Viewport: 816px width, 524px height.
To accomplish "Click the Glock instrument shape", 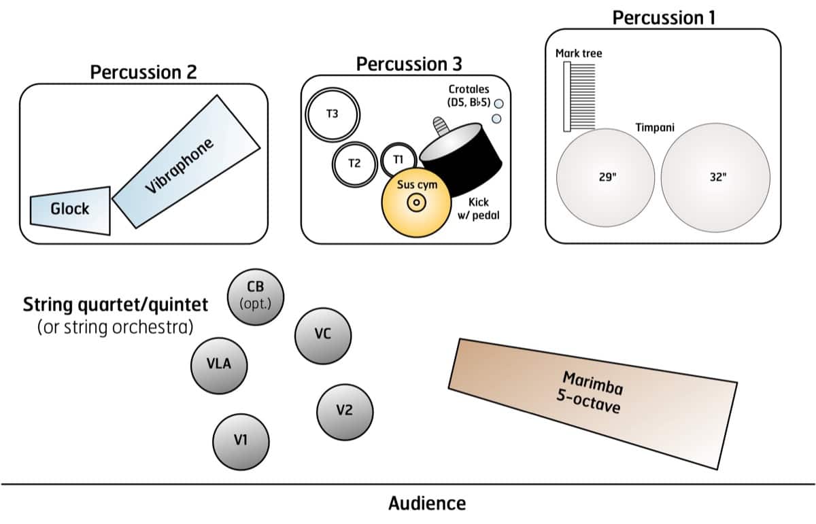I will coord(70,209).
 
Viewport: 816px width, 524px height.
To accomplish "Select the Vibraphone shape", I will coord(179,161).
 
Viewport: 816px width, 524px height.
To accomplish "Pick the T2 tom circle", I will coord(354,163).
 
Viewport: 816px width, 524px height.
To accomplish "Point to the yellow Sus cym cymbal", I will coord(416,201).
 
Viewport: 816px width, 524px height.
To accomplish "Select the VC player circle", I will coord(322,335).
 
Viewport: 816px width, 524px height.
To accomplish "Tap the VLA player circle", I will coord(219,364).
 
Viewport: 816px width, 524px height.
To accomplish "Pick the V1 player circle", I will coord(240,440).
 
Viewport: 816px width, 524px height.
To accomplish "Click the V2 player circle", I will coord(344,411).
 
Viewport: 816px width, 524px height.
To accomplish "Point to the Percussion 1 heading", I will coord(664,18).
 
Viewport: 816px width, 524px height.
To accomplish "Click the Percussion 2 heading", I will coord(143,72).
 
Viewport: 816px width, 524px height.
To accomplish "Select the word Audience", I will coord(427,504).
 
